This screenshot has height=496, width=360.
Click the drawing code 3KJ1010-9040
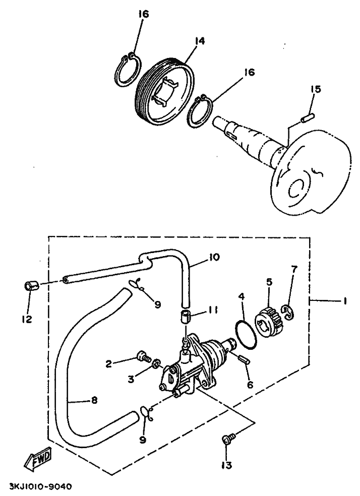click(x=40, y=487)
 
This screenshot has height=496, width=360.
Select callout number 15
click(x=315, y=90)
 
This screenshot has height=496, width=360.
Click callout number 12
click(x=26, y=320)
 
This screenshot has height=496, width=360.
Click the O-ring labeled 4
click(x=247, y=334)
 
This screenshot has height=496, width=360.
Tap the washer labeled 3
click(x=156, y=363)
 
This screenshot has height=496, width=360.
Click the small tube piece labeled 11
click(x=186, y=318)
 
